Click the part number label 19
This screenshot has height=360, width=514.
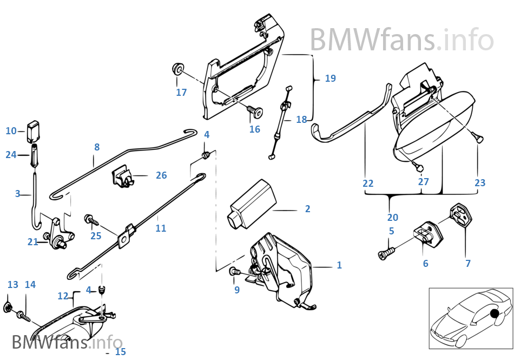330,78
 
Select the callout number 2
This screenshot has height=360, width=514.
307,209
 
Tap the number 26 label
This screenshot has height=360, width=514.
161,175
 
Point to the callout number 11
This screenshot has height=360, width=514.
161,228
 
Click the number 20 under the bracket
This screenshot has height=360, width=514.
393,218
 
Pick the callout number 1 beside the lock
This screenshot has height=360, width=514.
339,265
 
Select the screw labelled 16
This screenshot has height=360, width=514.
255,112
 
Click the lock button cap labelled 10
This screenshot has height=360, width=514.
35,129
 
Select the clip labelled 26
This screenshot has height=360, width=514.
123,177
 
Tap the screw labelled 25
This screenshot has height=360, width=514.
90,220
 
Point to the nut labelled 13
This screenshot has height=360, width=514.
8,307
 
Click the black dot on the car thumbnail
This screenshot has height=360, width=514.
493,314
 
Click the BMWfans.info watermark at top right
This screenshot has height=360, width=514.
401,40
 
